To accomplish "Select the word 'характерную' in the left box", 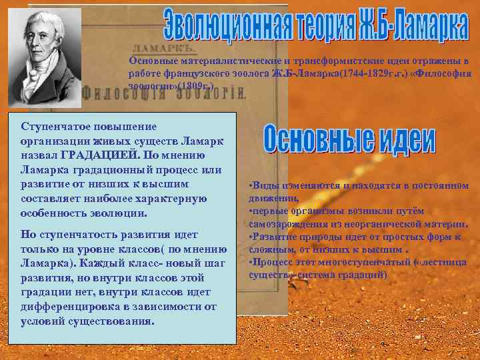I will [x=170, y=199].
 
